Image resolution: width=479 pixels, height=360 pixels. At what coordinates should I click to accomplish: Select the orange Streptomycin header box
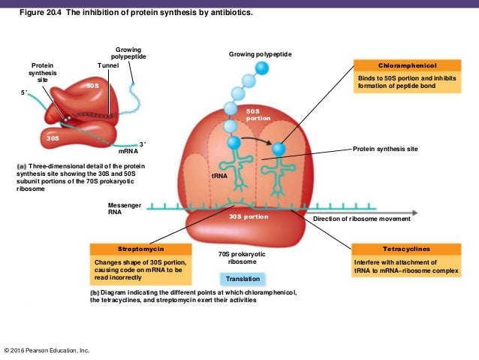[x=140, y=248]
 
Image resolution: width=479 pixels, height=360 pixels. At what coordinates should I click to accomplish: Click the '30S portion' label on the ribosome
[x=248, y=216]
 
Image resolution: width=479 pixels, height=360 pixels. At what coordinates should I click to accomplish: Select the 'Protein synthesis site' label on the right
[x=385, y=150]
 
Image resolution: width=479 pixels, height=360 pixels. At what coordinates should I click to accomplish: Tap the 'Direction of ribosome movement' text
[x=361, y=219]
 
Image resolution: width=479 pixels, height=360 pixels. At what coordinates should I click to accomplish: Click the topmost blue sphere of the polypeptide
[x=261, y=68]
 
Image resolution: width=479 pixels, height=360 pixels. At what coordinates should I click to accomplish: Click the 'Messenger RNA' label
[x=125, y=208]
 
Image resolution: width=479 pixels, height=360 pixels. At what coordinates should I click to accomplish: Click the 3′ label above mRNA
[x=143, y=142]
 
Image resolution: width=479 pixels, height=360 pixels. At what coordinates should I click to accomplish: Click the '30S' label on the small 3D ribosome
[x=53, y=138]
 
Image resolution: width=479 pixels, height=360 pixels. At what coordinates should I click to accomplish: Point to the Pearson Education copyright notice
[x=47, y=350]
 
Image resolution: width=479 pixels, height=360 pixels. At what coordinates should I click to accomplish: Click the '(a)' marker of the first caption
[x=20, y=165]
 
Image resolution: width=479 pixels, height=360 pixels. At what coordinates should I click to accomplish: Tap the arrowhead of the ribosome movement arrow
[x=414, y=212]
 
